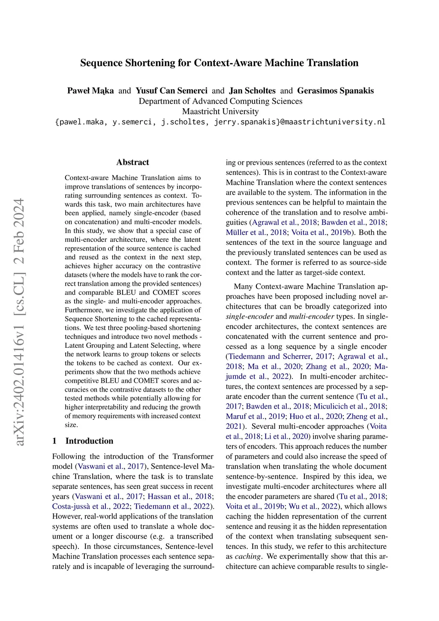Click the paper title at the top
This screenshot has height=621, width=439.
click(x=219, y=63)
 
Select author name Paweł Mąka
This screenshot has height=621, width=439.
click(x=90, y=90)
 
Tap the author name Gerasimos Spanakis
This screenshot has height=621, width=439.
click(x=335, y=90)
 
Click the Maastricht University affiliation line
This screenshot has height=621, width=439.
click(x=220, y=112)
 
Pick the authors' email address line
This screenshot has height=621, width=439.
click(x=220, y=122)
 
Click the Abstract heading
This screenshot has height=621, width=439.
click(x=132, y=162)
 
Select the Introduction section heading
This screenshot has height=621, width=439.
click(x=89, y=441)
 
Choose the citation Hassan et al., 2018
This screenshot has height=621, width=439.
click(x=180, y=497)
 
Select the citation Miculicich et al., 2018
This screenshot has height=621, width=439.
click(x=349, y=406)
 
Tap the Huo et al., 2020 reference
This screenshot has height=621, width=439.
click(x=316, y=416)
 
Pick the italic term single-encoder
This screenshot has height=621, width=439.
click(x=250, y=317)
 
